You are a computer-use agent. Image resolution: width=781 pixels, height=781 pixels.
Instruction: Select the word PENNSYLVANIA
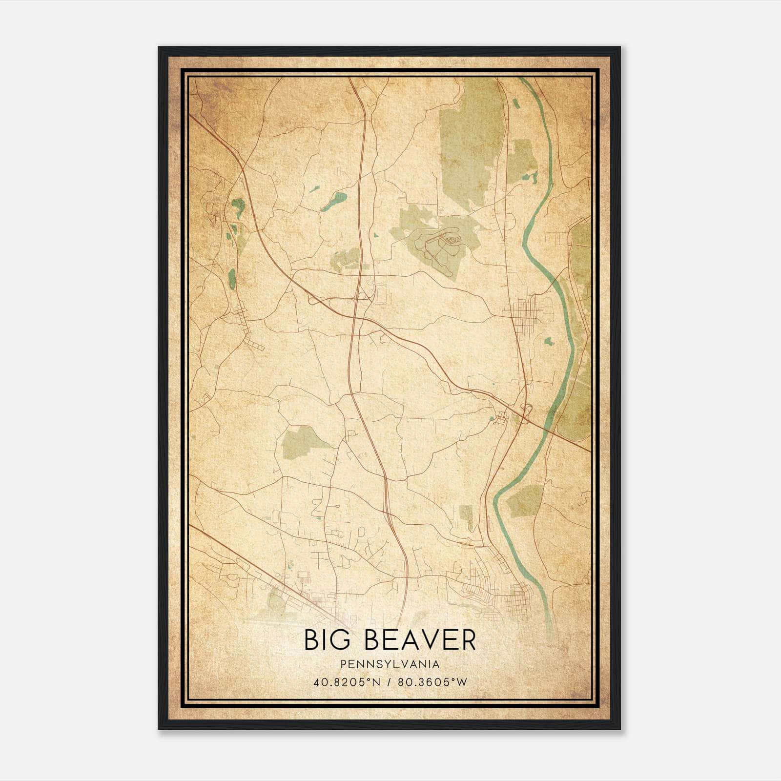(x=390, y=664)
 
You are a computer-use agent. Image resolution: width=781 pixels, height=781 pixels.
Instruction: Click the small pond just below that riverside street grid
(x=549, y=341)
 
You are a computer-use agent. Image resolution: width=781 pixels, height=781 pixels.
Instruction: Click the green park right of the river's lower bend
(x=525, y=500)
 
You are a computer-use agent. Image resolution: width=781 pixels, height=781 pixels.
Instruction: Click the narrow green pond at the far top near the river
(x=515, y=103)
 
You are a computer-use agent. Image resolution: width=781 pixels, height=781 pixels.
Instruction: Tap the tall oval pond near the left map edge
(x=232, y=278)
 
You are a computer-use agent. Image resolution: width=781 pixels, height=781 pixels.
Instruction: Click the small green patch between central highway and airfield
(x=347, y=259)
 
